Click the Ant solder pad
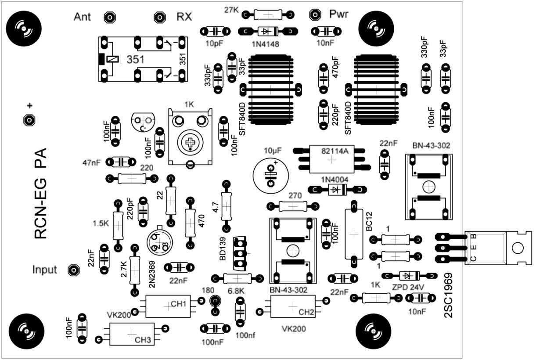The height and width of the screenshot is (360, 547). (108, 18)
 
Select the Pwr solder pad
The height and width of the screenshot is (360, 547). (314, 14)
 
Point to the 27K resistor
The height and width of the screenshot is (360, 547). (268, 14)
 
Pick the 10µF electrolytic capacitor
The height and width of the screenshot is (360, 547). (271, 175)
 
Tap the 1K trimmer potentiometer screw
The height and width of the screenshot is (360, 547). (190, 143)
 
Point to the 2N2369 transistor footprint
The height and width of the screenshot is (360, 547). (160, 241)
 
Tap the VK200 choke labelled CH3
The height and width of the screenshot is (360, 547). (132, 334)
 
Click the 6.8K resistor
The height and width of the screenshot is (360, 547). (237, 278)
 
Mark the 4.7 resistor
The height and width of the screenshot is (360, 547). (227, 205)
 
